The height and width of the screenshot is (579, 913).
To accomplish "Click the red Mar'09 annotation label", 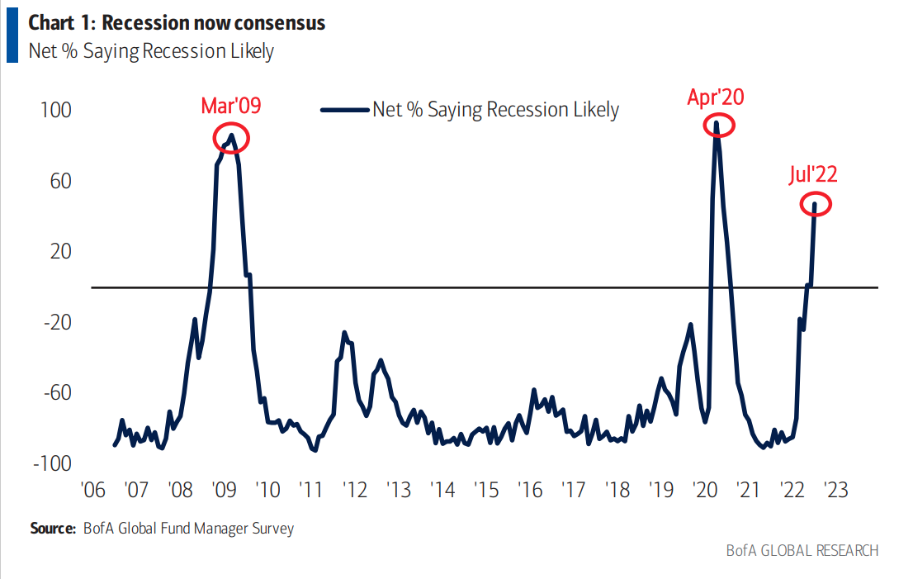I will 231,106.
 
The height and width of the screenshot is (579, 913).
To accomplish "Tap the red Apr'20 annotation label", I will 716,97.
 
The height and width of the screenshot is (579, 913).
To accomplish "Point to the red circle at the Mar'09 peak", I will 231,138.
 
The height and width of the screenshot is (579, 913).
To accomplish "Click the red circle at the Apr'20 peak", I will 718,126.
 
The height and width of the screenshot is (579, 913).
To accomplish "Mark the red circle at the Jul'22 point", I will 815,204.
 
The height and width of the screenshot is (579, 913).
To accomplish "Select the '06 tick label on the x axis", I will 92,490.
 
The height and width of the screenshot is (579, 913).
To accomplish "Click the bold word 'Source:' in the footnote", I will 53,529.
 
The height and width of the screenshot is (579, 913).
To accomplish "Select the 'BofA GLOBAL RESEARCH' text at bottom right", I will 802,550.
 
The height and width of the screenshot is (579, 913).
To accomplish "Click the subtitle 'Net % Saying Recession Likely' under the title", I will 151,52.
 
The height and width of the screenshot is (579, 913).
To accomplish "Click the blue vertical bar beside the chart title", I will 12,35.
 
